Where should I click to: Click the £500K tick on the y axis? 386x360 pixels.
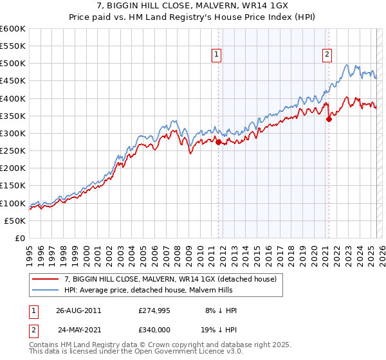pyautogui.click(x=13, y=64)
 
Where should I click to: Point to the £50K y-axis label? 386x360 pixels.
pyautogui.click(x=15, y=221)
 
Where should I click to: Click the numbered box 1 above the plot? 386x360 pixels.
pyautogui.click(x=217, y=55)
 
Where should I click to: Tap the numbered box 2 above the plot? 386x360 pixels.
pyautogui.click(x=327, y=55)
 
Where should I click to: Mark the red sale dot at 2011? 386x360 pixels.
pyautogui.click(x=218, y=142)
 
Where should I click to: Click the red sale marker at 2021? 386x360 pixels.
pyautogui.click(x=329, y=119)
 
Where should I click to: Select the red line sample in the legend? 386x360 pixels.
pyautogui.click(x=46, y=279)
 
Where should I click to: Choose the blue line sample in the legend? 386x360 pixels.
pyautogui.click(x=46, y=290)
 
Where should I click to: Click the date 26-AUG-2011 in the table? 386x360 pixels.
pyautogui.click(x=78, y=310)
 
